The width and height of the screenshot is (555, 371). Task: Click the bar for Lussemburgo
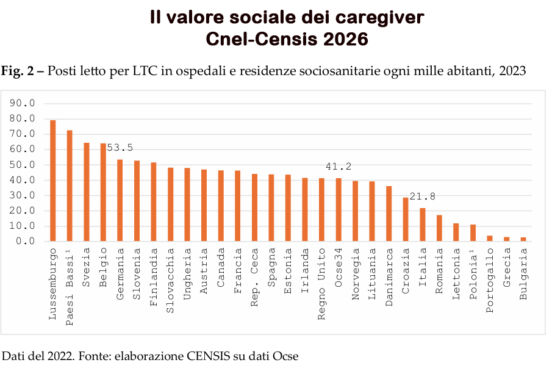tap(53, 181)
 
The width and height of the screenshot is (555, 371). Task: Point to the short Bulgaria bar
tap(523, 239)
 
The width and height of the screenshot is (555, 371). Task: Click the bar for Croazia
tap(406, 219)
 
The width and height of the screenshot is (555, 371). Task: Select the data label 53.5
tap(120, 148)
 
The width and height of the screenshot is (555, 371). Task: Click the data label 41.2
tap(338, 167)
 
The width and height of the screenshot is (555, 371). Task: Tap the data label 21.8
tap(423, 196)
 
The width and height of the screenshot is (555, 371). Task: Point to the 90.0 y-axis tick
tap(24, 103)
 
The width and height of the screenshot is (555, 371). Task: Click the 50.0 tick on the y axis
tap(24, 165)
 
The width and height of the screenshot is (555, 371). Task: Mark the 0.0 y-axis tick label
tap(27, 242)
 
